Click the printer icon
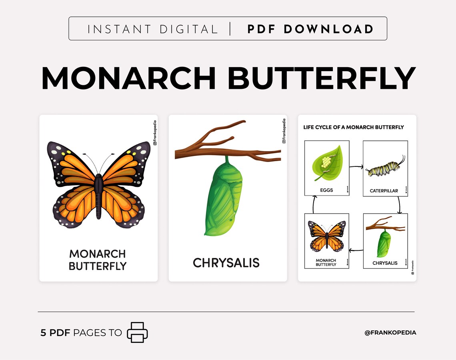137,332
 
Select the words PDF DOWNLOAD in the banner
310,29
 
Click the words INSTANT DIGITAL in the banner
152,29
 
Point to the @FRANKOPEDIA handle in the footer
390,332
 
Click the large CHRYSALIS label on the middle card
226,263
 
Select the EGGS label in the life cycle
327,190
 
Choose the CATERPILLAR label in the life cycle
384,191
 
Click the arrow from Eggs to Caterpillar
356,166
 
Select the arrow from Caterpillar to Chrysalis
398,205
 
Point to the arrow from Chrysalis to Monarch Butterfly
356,251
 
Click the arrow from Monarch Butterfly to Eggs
314,204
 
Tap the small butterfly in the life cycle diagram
327,236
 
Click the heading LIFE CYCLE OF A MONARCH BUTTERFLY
354,127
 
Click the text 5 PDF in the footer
56,332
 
